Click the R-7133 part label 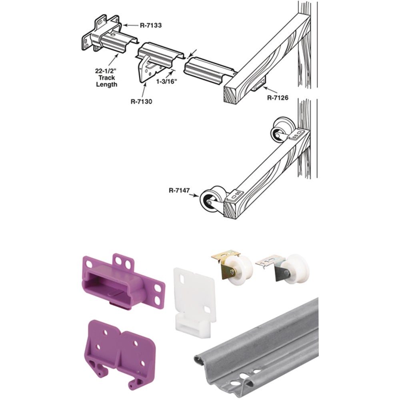pos(151,25)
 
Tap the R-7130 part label pos(141,101)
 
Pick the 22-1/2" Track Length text pos(106,78)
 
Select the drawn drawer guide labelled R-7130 pos(154,60)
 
